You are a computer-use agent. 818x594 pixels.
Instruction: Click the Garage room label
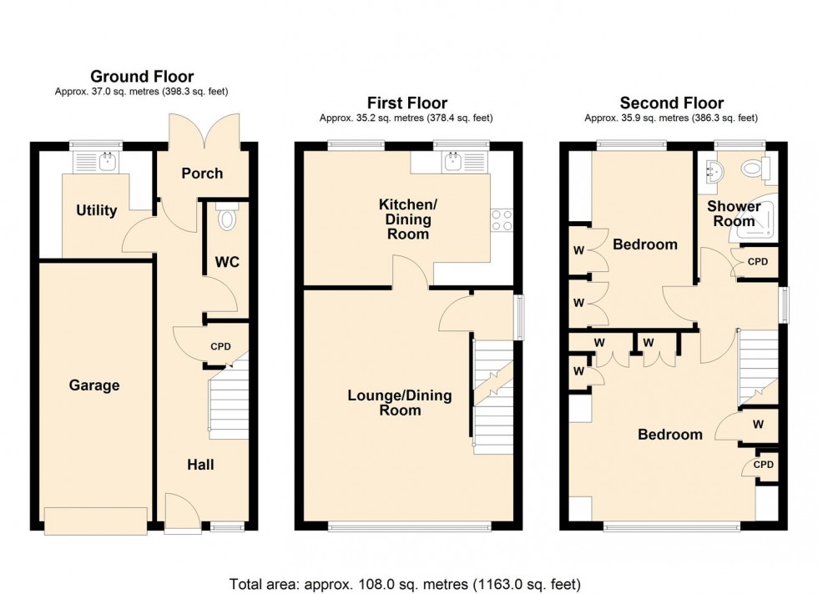pos(94,385)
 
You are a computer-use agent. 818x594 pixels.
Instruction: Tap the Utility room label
pos(97,210)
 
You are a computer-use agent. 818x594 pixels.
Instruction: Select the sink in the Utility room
pos(106,161)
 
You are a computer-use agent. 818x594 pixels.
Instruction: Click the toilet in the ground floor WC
pos(225,219)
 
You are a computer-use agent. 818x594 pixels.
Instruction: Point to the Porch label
pos(202,174)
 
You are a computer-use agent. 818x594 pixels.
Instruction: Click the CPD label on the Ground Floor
pos(220,347)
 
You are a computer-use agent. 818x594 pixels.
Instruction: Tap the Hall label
pos(199,464)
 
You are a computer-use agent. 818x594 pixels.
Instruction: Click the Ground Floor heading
pos(142,77)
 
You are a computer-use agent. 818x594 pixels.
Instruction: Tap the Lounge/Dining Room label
pos(399,403)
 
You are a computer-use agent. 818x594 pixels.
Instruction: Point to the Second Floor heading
pos(671,103)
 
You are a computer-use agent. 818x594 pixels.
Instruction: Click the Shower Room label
pos(734,214)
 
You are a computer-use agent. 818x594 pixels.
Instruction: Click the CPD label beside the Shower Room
pos(757,261)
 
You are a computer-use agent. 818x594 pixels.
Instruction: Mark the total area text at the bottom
pos(405,584)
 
